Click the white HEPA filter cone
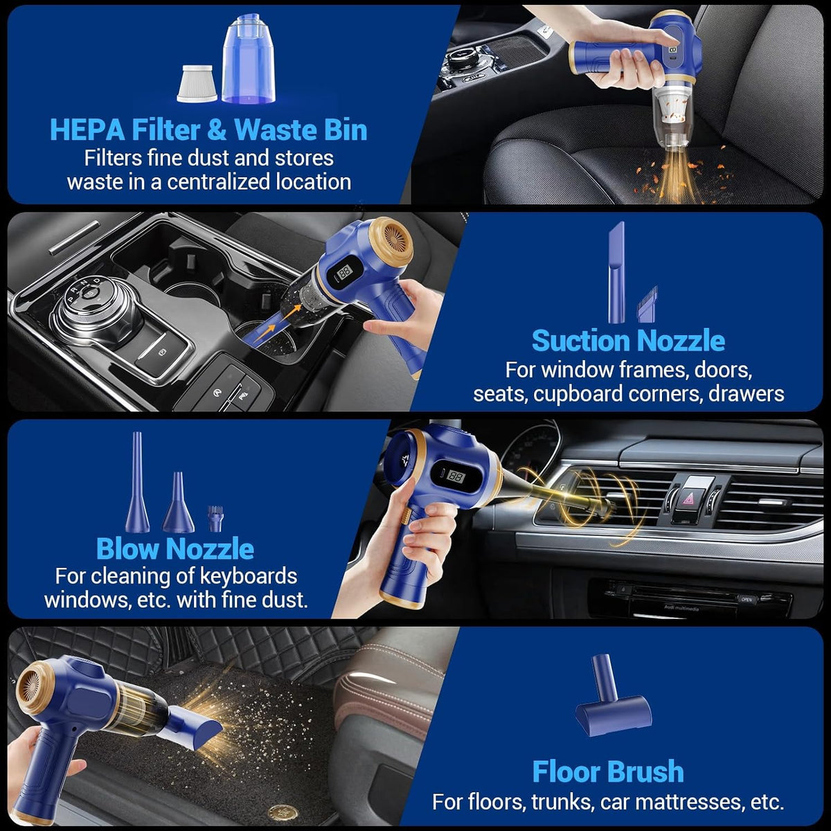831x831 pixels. [x=197, y=83]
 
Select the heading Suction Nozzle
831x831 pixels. [x=628, y=341]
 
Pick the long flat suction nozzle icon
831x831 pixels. [x=616, y=272]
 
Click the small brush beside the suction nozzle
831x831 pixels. [x=646, y=304]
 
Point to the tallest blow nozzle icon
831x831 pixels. [x=137, y=482]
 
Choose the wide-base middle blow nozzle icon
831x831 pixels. [x=178, y=502]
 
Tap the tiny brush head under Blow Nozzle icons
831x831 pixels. [x=215, y=519]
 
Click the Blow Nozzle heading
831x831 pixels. [x=175, y=548]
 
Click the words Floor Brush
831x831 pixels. [x=608, y=771]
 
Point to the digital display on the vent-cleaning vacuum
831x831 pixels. [x=456, y=476]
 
